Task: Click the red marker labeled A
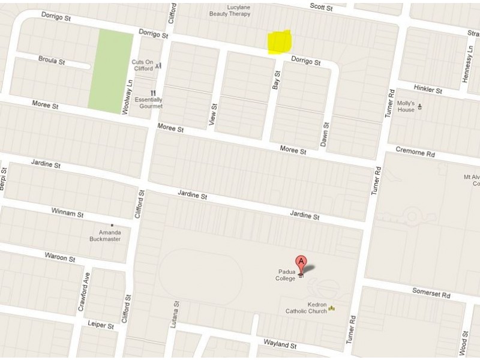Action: [x=301, y=263]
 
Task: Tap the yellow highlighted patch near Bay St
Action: [x=280, y=42]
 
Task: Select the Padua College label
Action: [x=286, y=275]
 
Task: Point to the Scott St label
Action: [x=321, y=7]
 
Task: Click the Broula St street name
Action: [x=51, y=60]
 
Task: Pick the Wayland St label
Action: [x=281, y=345]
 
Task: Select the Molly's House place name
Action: [x=406, y=106]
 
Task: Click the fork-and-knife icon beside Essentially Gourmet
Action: [x=154, y=92]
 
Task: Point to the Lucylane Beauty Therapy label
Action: [x=235, y=10]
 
